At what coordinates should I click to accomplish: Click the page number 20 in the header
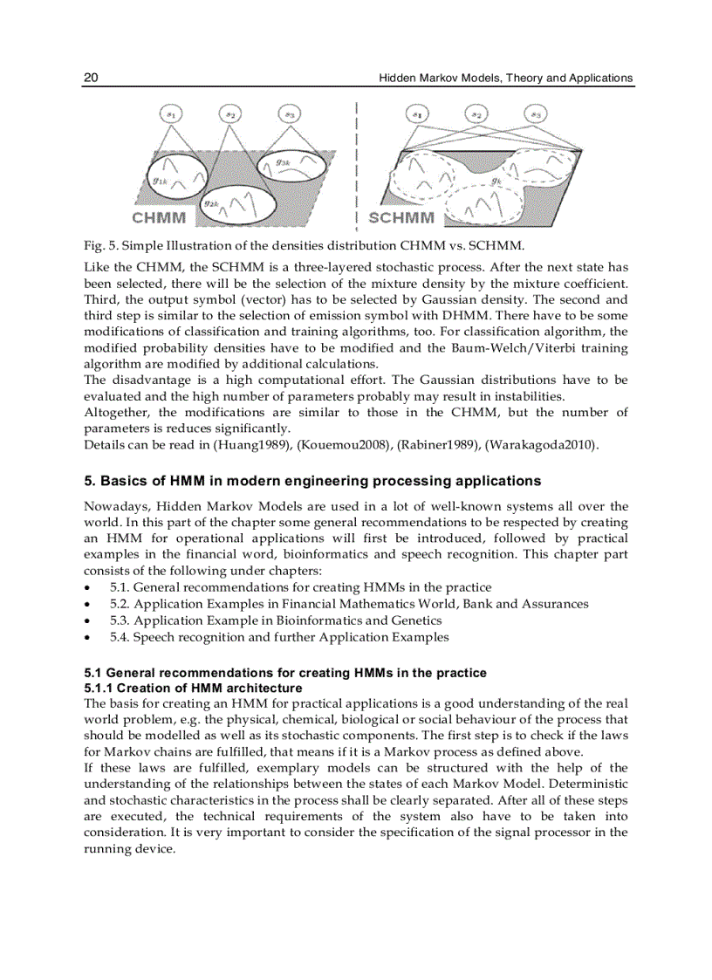pyautogui.click(x=91, y=78)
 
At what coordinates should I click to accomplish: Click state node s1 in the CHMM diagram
pyautogui.click(x=172, y=114)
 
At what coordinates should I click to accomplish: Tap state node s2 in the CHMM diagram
pyautogui.click(x=230, y=114)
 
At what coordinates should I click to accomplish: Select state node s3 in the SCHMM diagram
pyautogui.click(x=536, y=114)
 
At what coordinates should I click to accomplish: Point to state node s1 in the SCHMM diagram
pyautogui.click(x=419, y=114)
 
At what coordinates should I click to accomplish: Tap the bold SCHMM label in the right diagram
pyautogui.click(x=401, y=217)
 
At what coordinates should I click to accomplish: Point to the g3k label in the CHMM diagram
pyautogui.click(x=284, y=161)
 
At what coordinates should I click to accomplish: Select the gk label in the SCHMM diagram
pyautogui.click(x=496, y=182)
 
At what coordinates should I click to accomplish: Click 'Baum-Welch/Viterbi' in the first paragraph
pyautogui.click(x=532, y=348)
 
